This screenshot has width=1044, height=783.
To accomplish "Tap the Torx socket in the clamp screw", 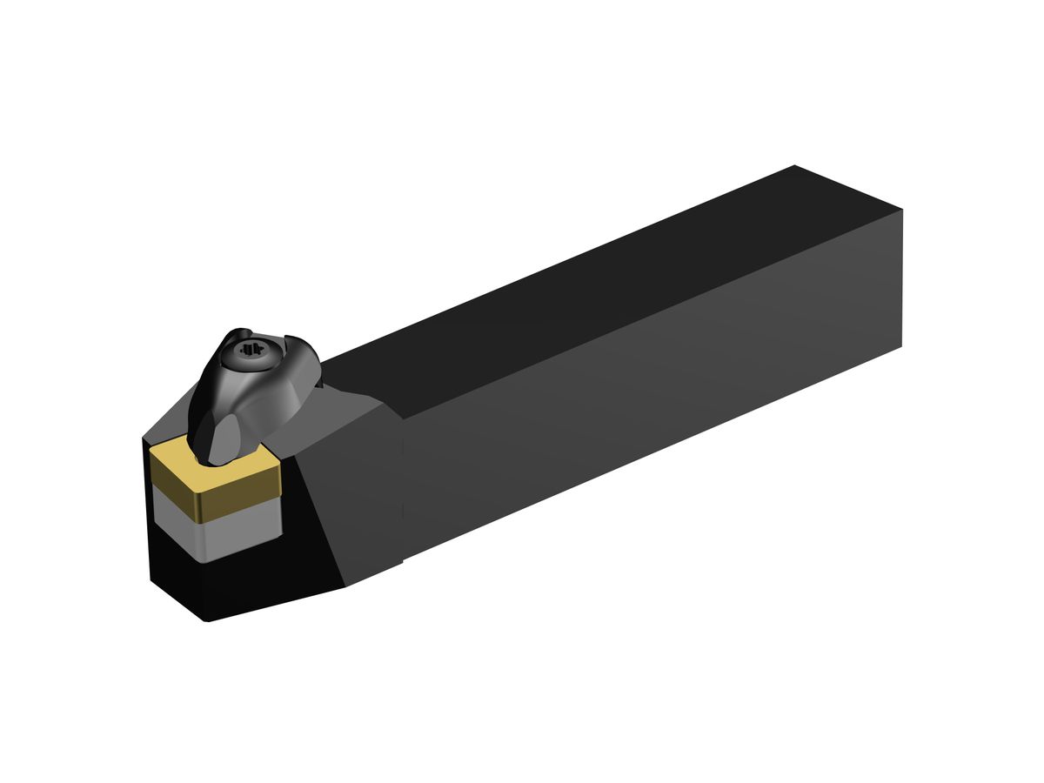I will [253, 350].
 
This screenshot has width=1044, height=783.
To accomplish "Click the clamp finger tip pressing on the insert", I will [222, 444].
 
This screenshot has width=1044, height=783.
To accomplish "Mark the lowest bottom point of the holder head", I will [207, 620].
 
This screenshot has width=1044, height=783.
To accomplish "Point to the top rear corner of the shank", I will [795, 165].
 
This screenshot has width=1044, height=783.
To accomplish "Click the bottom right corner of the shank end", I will [901, 345].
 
